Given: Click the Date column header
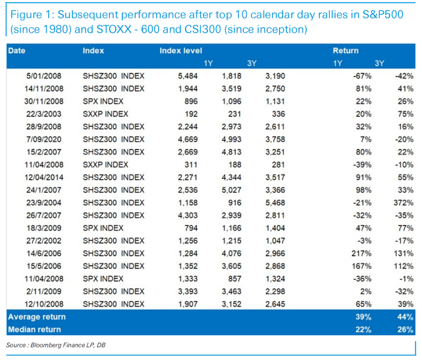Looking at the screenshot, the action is click(x=17, y=51).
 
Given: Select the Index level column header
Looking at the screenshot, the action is click(x=180, y=51).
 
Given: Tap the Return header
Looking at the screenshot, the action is click(x=346, y=51).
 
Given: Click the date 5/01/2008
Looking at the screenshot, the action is click(x=44, y=76).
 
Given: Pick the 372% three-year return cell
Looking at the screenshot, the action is click(x=403, y=202).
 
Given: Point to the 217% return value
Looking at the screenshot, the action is click(x=361, y=253).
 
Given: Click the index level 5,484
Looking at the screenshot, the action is click(x=188, y=76).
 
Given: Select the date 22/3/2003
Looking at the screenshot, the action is click(x=44, y=114).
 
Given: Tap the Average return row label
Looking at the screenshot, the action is click(x=37, y=317).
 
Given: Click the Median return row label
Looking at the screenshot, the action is click(x=34, y=329).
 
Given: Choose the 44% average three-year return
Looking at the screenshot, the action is click(x=405, y=317).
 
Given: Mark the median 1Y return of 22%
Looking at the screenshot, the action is click(x=363, y=329).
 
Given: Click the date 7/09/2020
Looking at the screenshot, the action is click(x=44, y=139).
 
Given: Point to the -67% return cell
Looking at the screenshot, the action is click(x=362, y=76).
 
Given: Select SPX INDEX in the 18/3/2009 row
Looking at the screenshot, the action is click(x=103, y=228).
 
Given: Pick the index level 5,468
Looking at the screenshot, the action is click(x=275, y=202).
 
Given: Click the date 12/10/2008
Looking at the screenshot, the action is click(x=44, y=304).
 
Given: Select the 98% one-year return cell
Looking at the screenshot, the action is click(x=363, y=190).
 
